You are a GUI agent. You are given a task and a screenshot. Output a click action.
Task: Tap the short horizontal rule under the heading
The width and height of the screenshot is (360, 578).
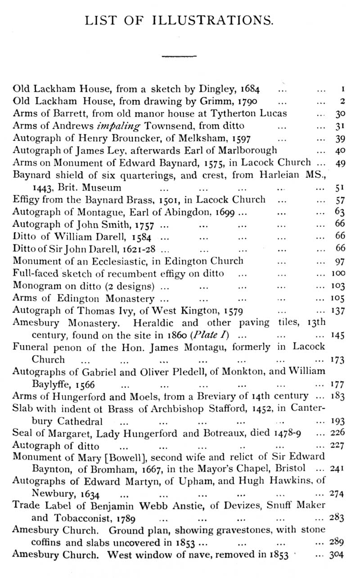click(179, 56)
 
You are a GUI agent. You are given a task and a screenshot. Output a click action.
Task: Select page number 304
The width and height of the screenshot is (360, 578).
click(337, 554)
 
